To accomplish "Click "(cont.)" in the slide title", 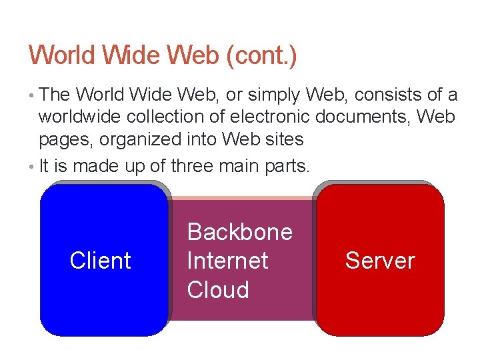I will (x=261, y=55).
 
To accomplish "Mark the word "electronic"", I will (x=270, y=117).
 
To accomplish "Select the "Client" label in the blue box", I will (x=100, y=261).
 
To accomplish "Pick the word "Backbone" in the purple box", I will (x=240, y=232).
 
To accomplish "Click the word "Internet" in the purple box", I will (x=227, y=261).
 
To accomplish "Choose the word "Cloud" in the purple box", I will (x=218, y=290).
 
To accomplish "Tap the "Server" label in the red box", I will (x=380, y=261).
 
